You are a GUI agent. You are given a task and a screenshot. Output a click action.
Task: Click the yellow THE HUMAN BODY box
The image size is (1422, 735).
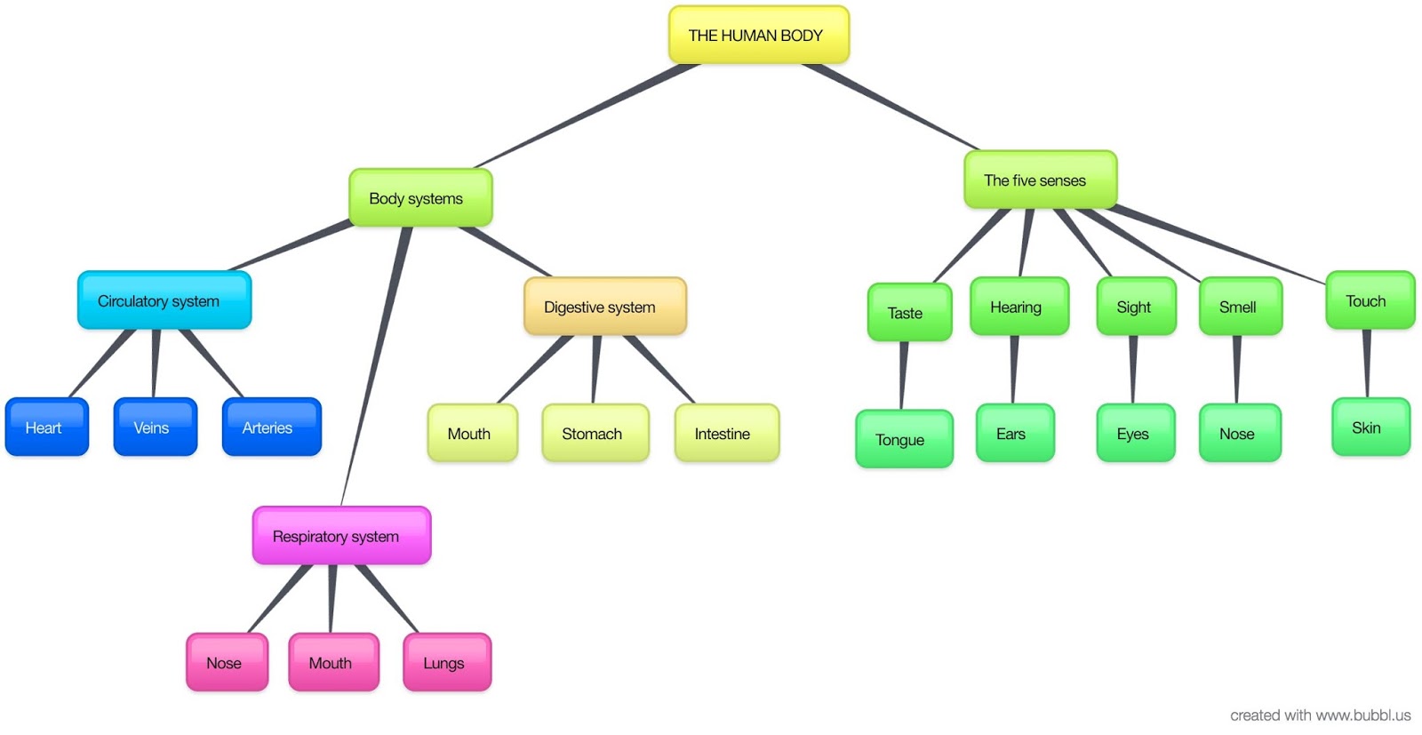pyautogui.click(x=758, y=36)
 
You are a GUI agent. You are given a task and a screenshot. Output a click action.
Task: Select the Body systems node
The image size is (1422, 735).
pyautogui.click(x=419, y=198)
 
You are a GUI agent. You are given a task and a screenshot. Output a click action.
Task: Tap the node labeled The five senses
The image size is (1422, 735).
pyautogui.click(x=1039, y=180)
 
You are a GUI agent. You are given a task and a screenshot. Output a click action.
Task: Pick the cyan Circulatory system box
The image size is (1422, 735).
pyautogui.click(x=164, y=301)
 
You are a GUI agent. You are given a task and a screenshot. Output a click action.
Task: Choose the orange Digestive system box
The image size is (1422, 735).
pyautogui.click(x=604, y=308)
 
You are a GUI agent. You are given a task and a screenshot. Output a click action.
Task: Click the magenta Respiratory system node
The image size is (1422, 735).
pyautogui.click(x=341, y=536)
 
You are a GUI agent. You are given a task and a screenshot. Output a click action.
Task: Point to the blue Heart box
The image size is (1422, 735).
pyautogui.click(x=47, y=427)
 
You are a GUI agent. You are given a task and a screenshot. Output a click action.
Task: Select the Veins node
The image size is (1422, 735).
pyautogui.click(x=155, y=427)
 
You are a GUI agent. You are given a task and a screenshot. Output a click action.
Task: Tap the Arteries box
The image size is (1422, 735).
pyautogui.click(x=271, y=427)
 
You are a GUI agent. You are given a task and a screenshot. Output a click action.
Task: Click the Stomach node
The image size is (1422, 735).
pyautogui.click(x=595, y=434)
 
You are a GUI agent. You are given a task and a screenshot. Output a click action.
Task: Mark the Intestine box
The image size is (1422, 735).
pyautogui.click(x=726, y=434)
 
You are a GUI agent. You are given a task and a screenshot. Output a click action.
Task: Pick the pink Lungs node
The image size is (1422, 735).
pyautogui.click(x=446, y=663)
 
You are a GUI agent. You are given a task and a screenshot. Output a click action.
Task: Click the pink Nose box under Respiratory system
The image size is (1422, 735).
pyautogui.click(x=227, y=663)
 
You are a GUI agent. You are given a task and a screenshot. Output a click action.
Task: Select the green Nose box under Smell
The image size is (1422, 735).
pyautogui.click(x=1240, y=434)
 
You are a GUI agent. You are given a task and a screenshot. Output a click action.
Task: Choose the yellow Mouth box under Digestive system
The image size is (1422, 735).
pyautogui.click(x=472, y=434)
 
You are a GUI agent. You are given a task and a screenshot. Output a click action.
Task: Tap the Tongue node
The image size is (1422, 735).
pyautogui.click(x=904, y=440)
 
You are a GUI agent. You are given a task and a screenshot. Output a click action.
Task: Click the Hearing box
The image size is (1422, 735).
pyautogui.click(x=1019, y=308)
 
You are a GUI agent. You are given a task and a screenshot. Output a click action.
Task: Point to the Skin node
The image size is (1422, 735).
pyautogui.click(x=1370, y=427)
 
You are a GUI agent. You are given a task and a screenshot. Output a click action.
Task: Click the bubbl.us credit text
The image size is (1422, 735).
pyautogui.click(x=1320, y=715)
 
